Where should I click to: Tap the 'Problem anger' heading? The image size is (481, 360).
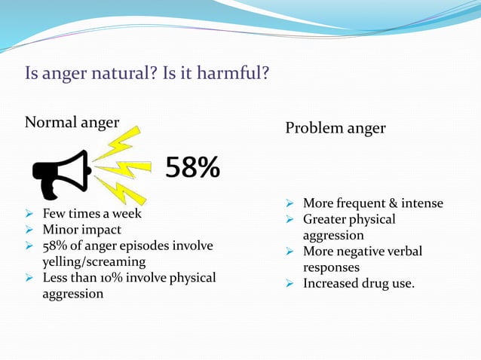tap(335, 128)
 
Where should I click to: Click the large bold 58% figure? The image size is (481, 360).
tap(193, 169)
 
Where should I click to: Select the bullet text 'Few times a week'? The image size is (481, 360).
tap(91, 213)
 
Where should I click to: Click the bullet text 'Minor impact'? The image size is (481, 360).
tap(81, 230)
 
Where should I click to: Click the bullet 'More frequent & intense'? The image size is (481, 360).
tap(373, 203)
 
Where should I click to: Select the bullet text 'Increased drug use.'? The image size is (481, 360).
tap(359, 283)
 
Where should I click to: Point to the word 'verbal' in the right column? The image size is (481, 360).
tap(402, 251)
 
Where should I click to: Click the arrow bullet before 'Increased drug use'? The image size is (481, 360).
tap(290, 284)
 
